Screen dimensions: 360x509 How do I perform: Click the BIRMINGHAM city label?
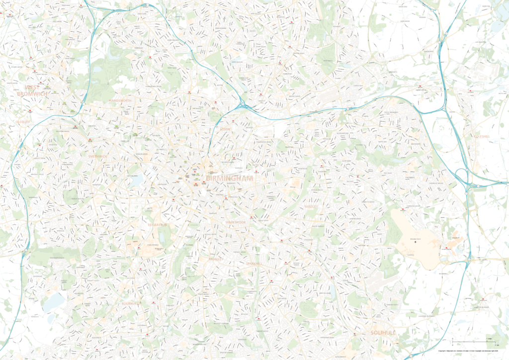229,178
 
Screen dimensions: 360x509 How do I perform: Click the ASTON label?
225,128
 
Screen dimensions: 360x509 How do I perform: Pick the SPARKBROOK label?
236,222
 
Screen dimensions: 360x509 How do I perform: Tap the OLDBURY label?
23,121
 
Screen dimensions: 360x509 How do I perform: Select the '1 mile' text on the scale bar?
489,338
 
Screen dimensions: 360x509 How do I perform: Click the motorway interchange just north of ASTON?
242,105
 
